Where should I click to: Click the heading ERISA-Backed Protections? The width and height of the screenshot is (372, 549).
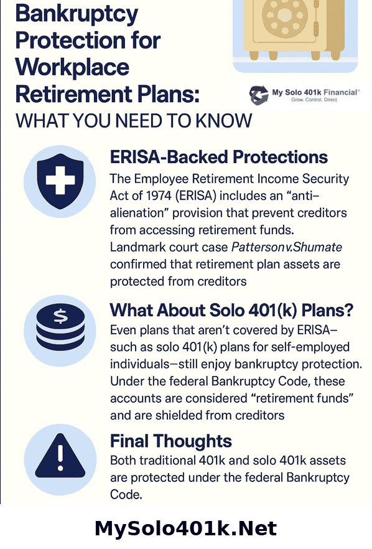click(x=220, y=157)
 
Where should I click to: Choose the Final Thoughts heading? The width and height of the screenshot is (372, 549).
click(x=170, y=441)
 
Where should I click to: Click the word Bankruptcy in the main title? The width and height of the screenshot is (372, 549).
click(x=77, y=13)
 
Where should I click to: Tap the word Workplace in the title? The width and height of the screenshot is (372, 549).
click(x=72, y=67)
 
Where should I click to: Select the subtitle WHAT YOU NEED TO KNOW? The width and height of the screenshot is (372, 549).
click(x=134, y=120)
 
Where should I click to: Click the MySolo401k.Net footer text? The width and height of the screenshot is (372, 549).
click(x=185, y=528)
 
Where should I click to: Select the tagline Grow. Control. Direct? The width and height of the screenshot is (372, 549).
click(x=315, y=100)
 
